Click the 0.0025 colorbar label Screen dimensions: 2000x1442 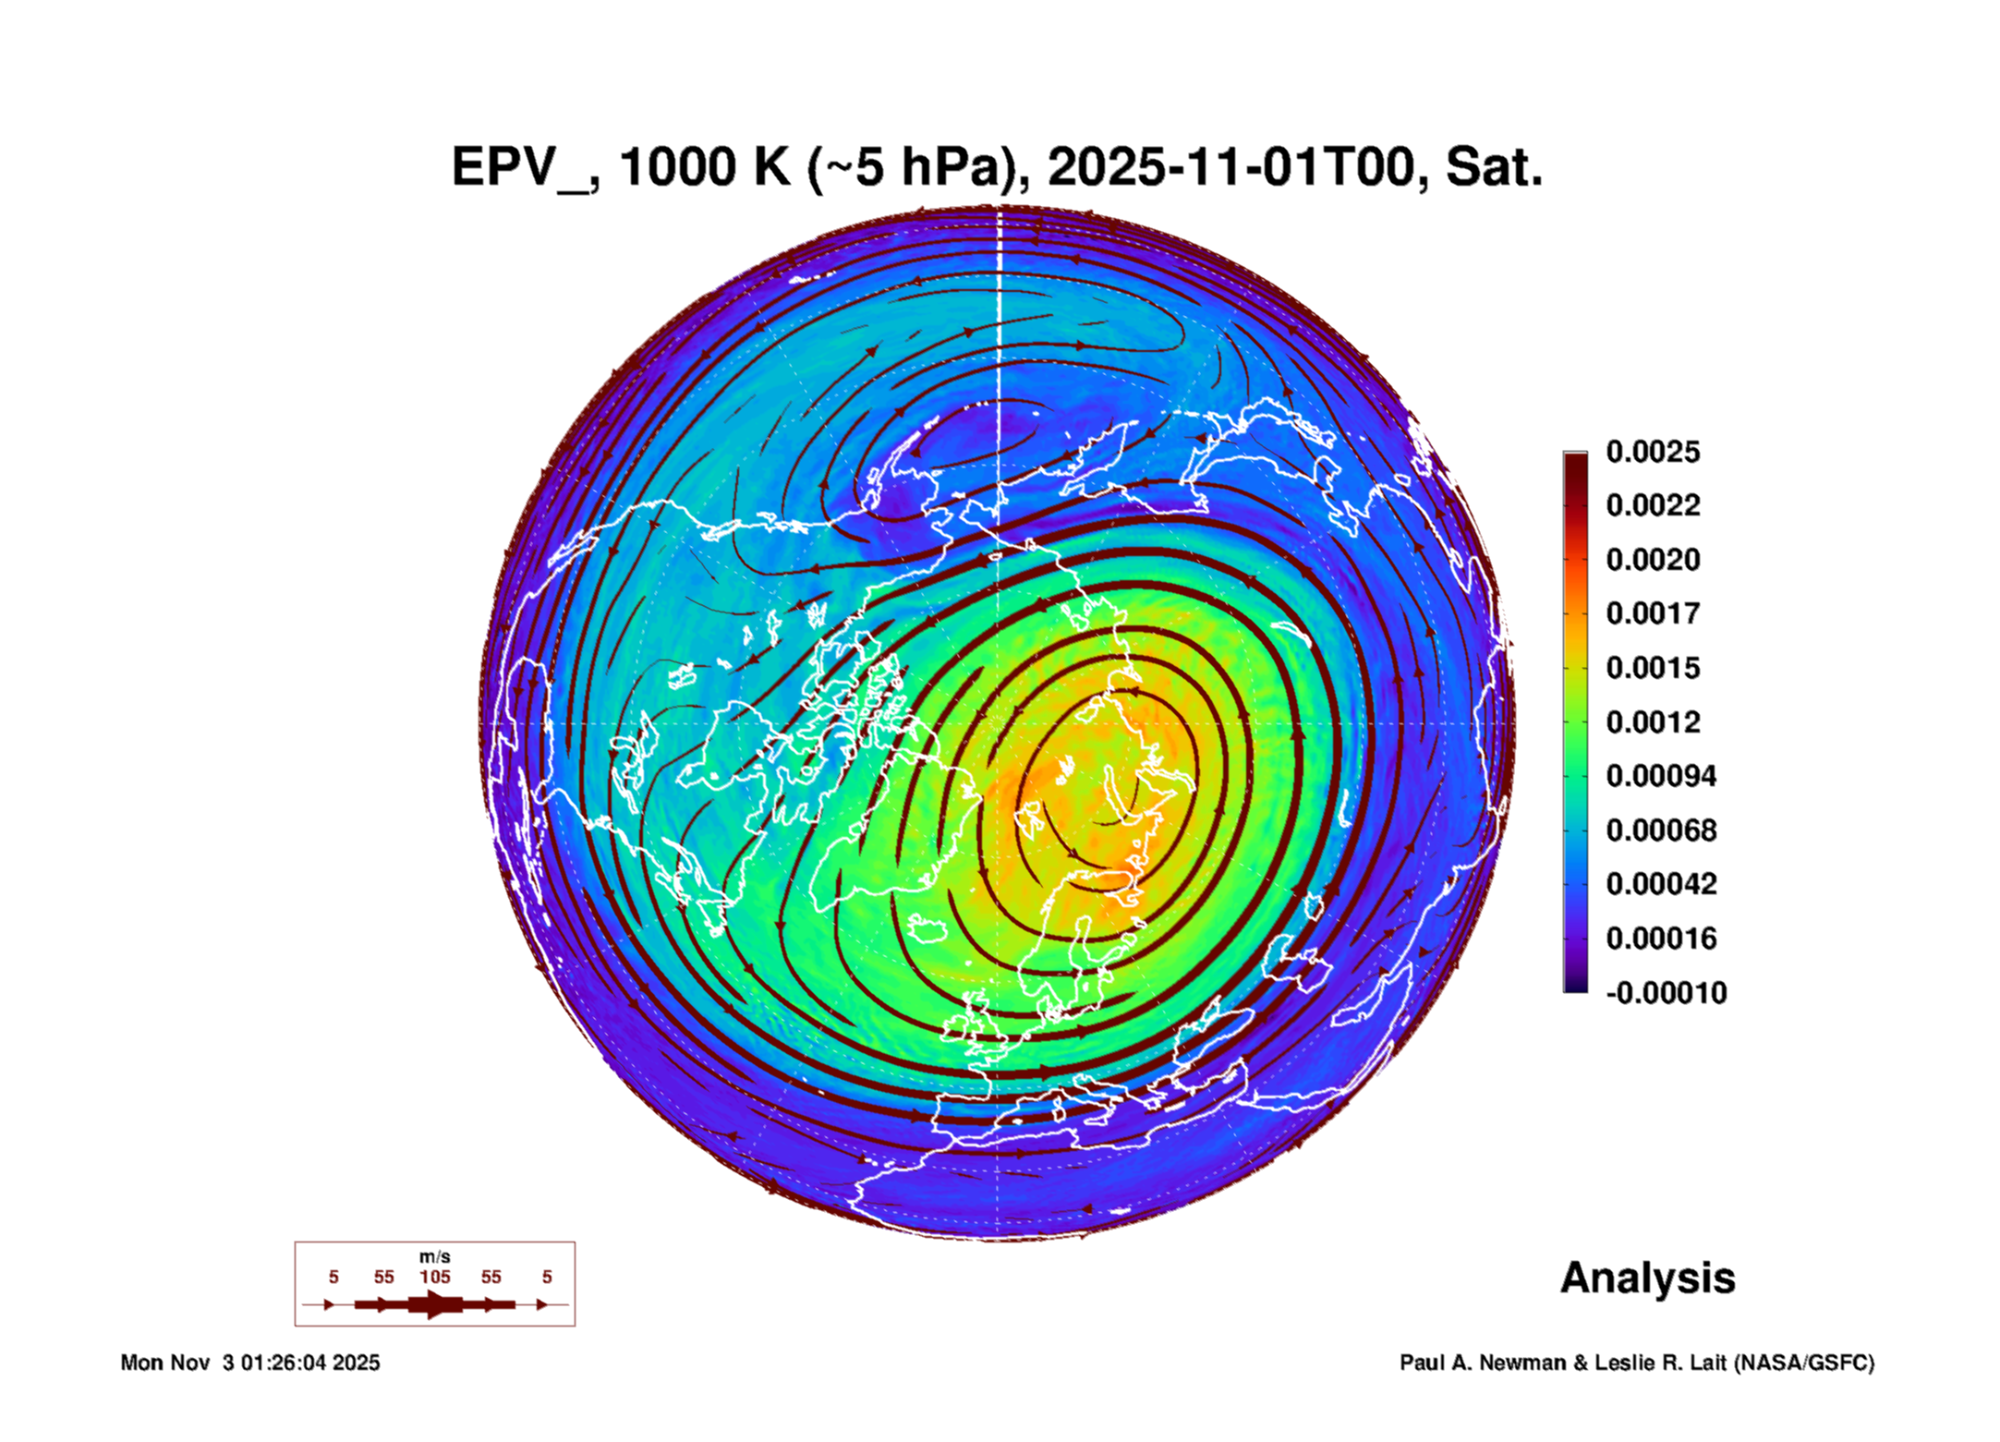coord(1653,452)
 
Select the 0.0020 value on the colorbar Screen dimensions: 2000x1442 coord(1653,560)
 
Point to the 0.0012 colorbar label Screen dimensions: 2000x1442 coord(1653,722)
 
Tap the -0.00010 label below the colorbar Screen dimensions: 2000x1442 coord(1667,993)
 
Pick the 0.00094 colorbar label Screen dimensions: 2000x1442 coord(1661,776)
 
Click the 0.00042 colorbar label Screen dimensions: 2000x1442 coord(1661,884)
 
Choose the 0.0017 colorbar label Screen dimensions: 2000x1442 coord(1653,613)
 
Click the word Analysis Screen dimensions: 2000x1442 coord(1647,1278)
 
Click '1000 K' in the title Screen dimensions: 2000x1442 coord(705,167)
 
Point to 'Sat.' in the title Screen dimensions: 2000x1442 coord(1494,167)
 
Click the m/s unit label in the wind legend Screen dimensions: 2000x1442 coord(435,1256)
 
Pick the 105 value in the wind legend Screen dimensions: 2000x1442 coord(435,1277)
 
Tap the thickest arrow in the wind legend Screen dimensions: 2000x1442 coord(434,1304)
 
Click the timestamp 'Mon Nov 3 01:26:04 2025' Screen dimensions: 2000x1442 coord(250,1363)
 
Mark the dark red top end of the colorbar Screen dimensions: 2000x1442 coord(1575,455)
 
